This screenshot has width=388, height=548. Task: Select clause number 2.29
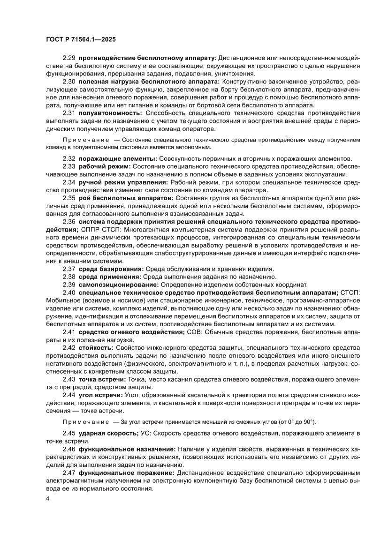coord(69,58)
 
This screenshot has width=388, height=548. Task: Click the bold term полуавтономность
coord(110,113)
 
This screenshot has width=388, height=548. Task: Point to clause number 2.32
coord(69,159)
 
